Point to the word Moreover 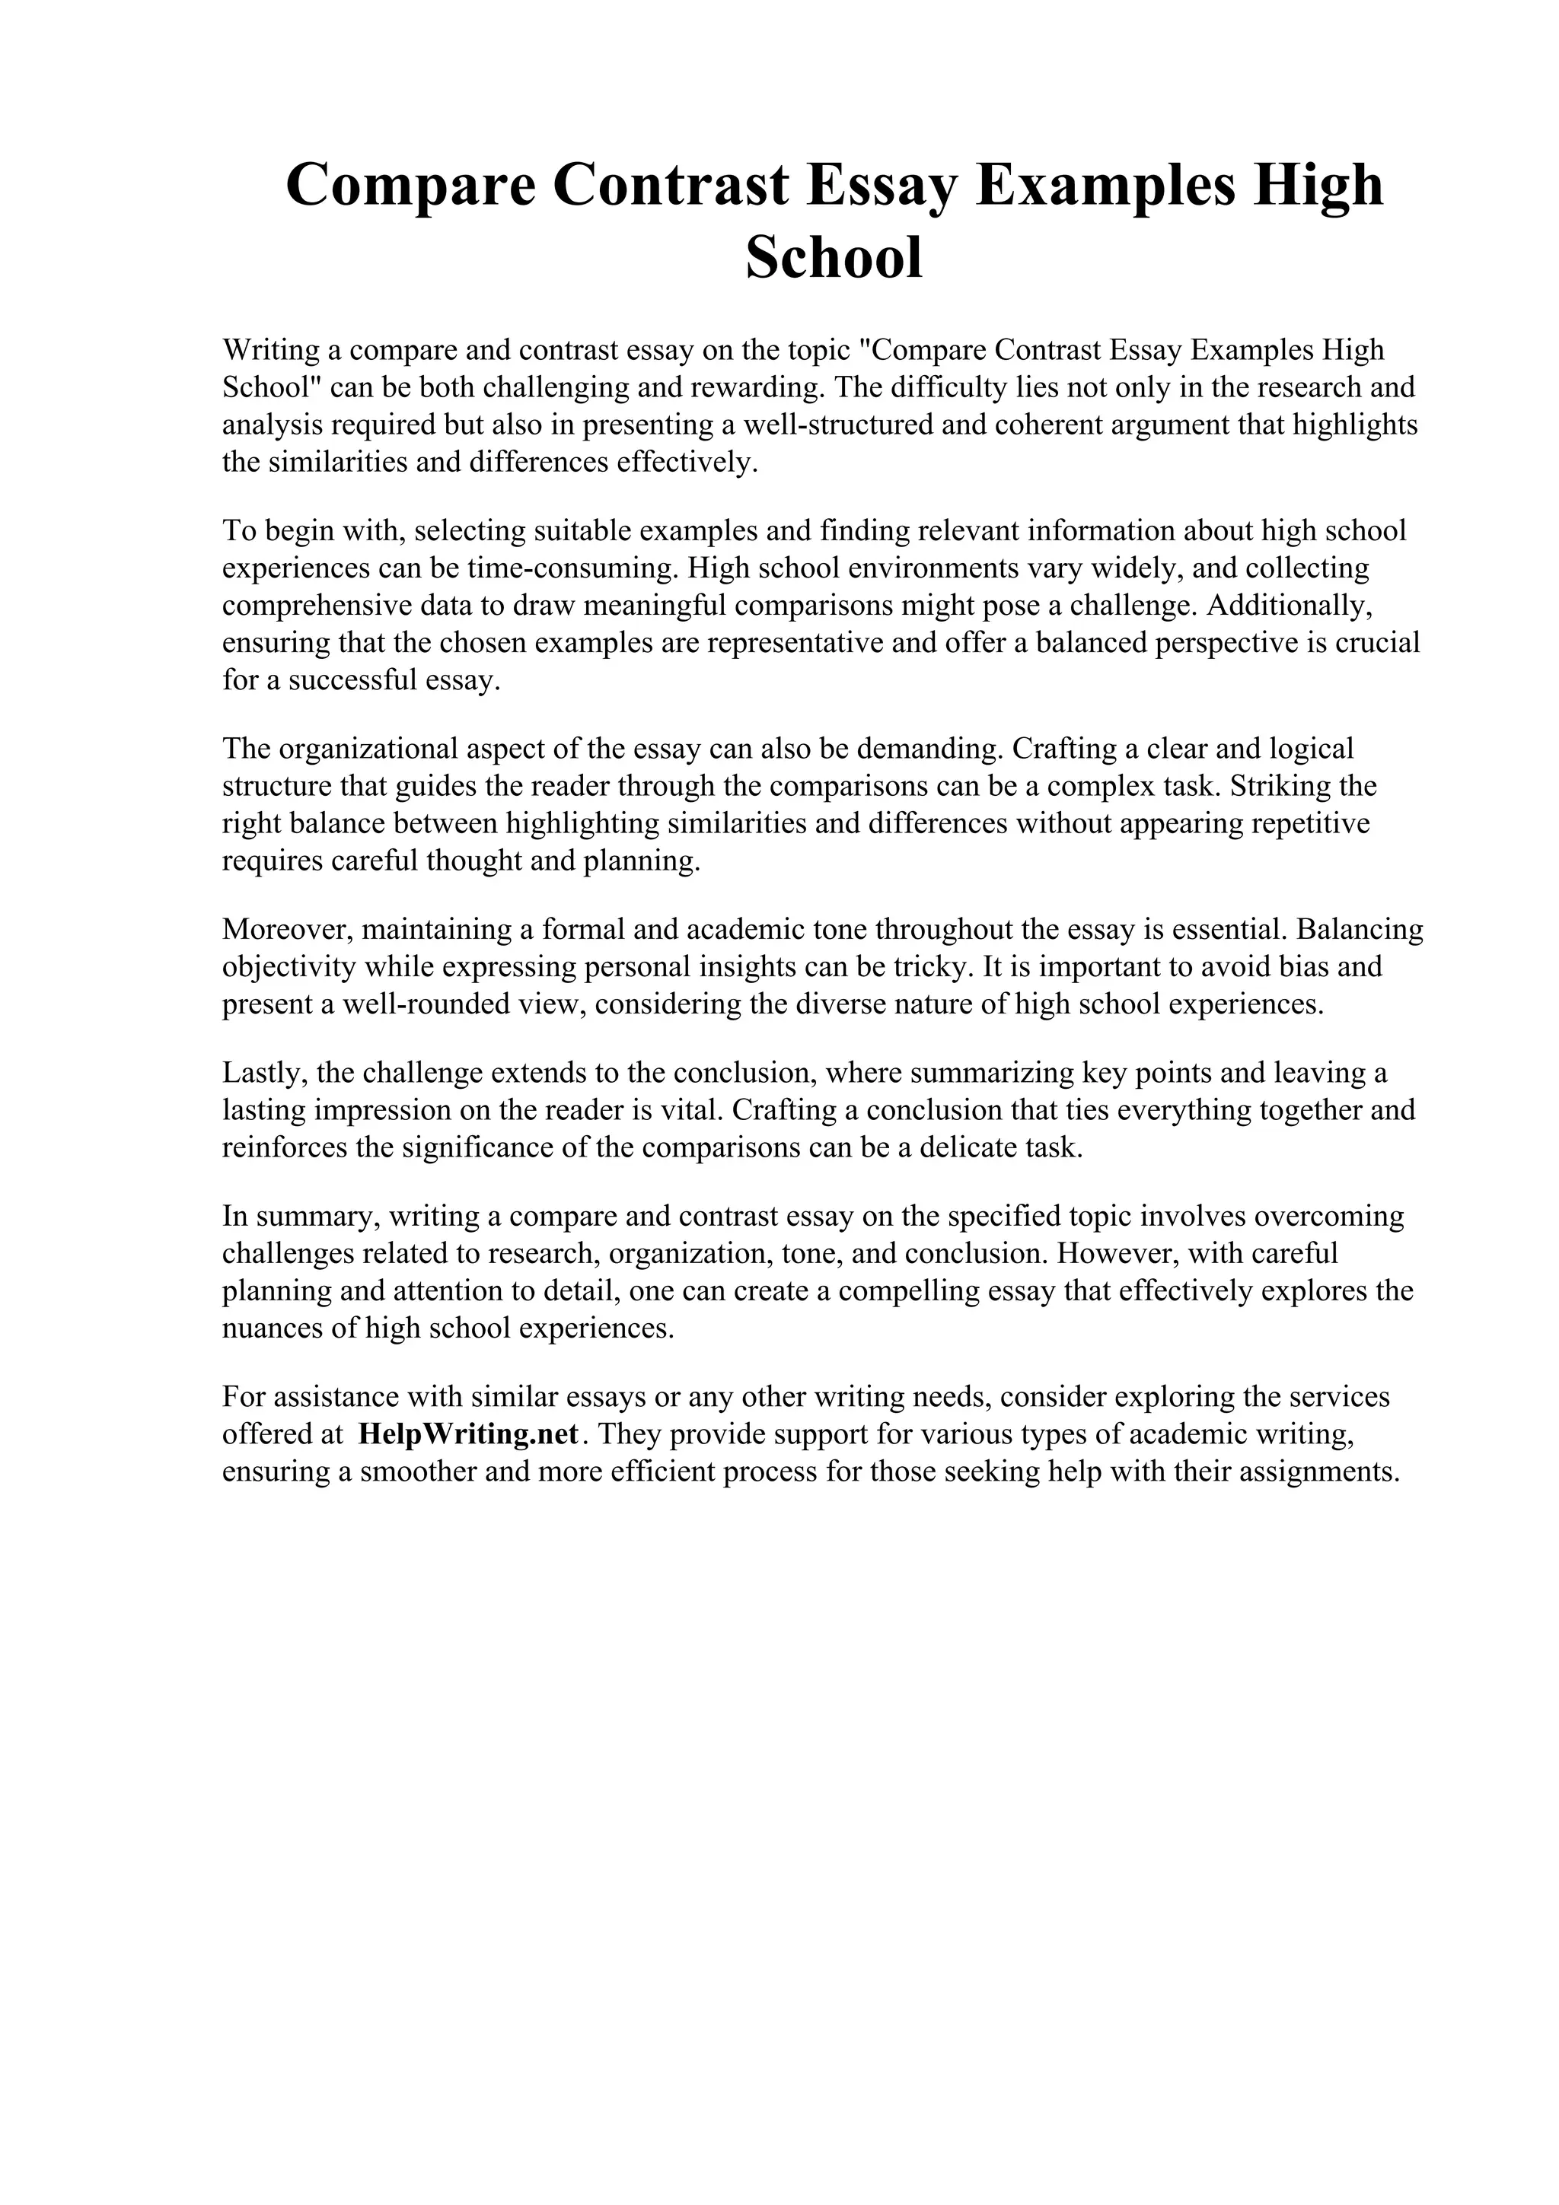(x=285, y=930)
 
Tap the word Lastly (x=260, y=1073)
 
